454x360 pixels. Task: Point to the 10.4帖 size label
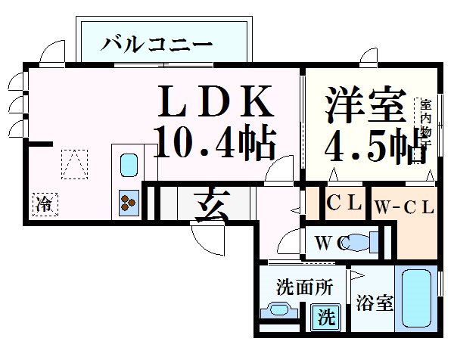point(215,141)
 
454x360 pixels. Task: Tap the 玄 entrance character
point(204,204)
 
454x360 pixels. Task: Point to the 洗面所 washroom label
point(304,287)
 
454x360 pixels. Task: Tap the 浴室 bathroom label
point(375,305)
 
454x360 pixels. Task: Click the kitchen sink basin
point(128,166)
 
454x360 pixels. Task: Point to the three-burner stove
point(127,201)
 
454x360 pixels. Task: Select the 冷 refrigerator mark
point(45,203)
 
